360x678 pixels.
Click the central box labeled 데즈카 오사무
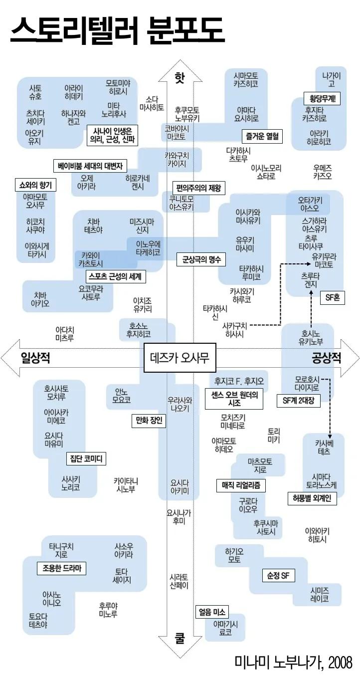point(180,358)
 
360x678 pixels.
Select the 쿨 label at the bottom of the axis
point(180,638)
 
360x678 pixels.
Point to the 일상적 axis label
point(35,358)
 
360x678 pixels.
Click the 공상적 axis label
point(327,358)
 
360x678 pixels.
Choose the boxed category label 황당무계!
point(322,98)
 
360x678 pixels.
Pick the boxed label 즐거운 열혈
point(262,135)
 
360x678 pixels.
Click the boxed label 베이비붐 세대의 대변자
point(90,166)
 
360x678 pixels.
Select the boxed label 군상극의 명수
point(201,259)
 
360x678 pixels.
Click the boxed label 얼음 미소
point(212,612)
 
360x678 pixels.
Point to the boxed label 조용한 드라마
point(61,568)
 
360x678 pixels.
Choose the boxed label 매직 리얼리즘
point(241,484)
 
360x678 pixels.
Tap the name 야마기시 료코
point(225,628)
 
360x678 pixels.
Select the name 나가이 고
point(332,80)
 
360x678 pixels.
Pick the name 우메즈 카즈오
point(323,172)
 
